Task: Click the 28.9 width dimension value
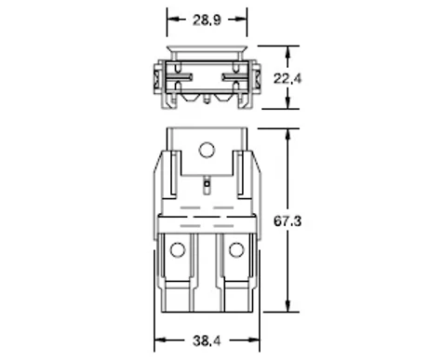click(207, 20)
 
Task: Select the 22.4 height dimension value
click(288, 79)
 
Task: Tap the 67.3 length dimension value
click(288, 221)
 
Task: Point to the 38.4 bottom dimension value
click(207, 341)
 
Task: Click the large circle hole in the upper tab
click(207, 150)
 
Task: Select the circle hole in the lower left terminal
click(178, 249)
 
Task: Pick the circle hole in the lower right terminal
click(236, 249)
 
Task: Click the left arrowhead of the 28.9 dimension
click(173, 20)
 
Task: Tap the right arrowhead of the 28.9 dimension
click(241, 20)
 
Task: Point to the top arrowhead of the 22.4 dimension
click(288, 52)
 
